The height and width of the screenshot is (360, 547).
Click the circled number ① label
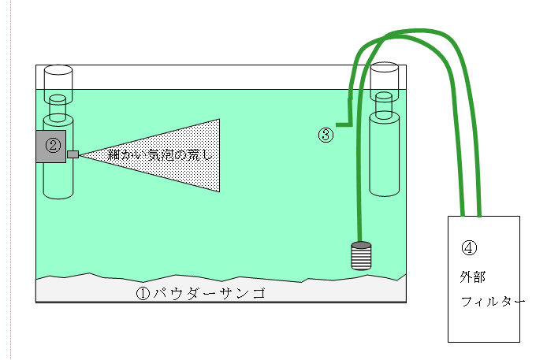143,294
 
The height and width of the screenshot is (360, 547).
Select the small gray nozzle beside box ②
73,154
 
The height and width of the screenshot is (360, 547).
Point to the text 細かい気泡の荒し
159,154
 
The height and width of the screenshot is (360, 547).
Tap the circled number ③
326,135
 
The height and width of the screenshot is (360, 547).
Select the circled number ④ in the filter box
468,247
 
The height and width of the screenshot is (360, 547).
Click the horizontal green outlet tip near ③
342,124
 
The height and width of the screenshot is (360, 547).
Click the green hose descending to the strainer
359,189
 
